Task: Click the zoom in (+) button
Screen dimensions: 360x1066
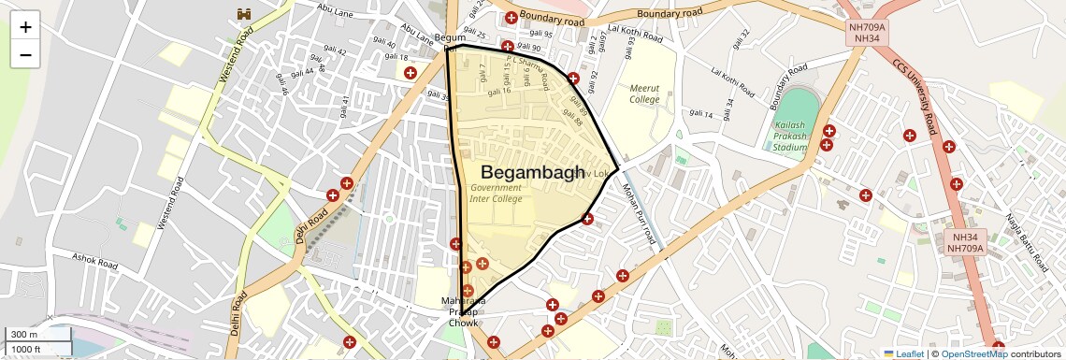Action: point(25,27)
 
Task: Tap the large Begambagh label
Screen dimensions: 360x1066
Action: point(531,172)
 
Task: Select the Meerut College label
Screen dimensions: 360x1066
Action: point(643,94)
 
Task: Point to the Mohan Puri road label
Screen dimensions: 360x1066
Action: point(640,215)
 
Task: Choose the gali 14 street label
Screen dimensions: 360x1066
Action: point(701,115)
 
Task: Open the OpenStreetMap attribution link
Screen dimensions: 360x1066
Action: point(973,353)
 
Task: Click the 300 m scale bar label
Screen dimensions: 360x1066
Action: point(24,334)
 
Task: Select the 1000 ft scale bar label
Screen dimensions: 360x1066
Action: point(26,349)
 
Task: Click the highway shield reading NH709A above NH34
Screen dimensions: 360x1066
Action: point(866,33)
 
